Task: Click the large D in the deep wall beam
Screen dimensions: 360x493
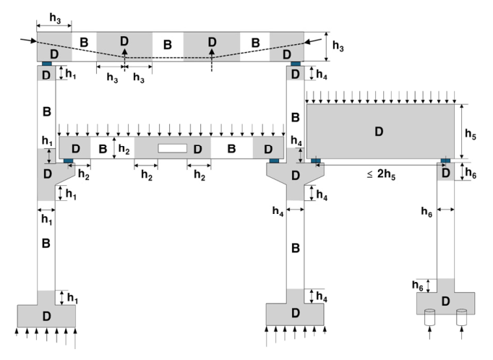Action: pos(377,132)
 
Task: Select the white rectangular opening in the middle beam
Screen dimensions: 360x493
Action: pos(172,148)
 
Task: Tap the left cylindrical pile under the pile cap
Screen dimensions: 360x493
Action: pos(430,316)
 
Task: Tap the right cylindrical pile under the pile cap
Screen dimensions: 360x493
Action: pos(462,316)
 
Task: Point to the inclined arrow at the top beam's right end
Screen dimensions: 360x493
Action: pos(312,41)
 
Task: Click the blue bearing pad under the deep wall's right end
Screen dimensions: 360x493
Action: pos(445,160)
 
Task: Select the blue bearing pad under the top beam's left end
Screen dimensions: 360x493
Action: pos(46,64)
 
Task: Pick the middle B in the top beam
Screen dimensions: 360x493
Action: pos(168,45)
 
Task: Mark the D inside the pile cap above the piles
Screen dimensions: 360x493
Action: pos(445,300)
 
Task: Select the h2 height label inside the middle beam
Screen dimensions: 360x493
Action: pos(124,149)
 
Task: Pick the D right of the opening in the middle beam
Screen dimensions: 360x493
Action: pos(196,149)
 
